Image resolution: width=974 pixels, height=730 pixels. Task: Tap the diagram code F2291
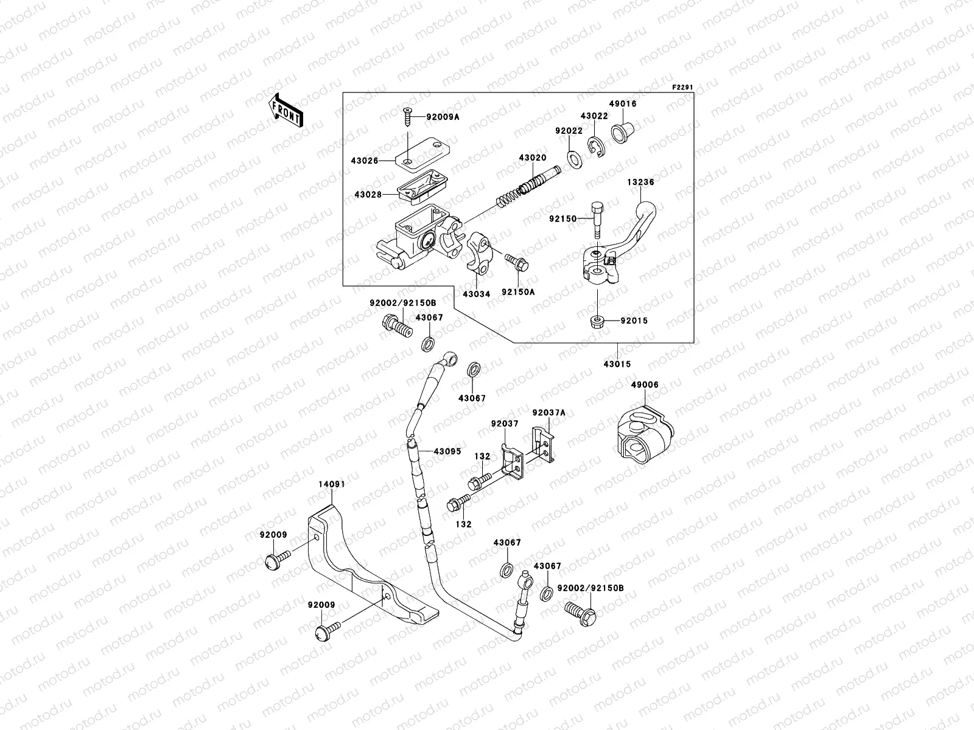coord(683,88)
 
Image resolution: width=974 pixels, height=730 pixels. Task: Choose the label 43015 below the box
coord(617,364)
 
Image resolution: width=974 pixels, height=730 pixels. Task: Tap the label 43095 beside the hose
coord(447,452)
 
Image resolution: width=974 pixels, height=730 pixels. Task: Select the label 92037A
coord(548,412)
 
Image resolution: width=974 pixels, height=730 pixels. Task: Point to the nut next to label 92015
coord(598,321)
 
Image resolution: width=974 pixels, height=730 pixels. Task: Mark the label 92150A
coord(518,292)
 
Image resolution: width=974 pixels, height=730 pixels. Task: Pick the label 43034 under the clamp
coord(476,294)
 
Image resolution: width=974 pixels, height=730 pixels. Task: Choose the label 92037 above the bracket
coord(505,423)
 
